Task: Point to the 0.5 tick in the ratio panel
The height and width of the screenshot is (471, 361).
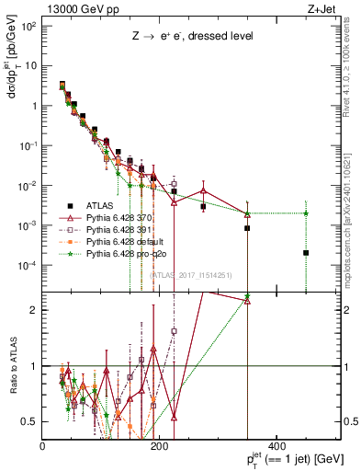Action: pos(30,421)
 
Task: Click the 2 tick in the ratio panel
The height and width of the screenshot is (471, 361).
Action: pos(34,310)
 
